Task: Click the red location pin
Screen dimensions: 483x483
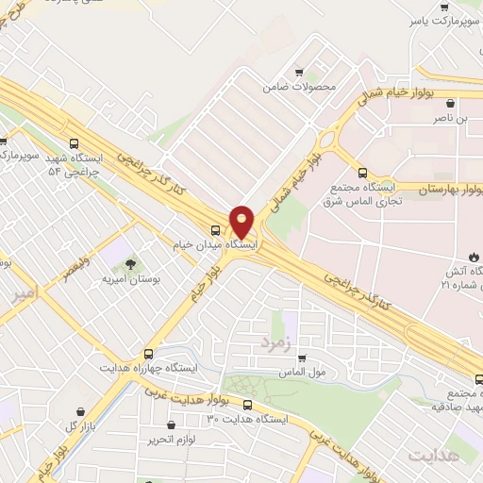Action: point(241,222)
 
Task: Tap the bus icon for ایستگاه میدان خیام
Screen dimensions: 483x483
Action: point(216,229)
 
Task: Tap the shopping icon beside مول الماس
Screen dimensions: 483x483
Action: point(302,358)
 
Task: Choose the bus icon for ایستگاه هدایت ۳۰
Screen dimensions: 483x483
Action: point(247,405)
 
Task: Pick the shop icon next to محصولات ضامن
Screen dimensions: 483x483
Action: point(299,72)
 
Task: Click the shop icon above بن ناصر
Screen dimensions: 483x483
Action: point(450,104)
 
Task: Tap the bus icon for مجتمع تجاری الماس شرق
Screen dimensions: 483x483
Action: point(363,172)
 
